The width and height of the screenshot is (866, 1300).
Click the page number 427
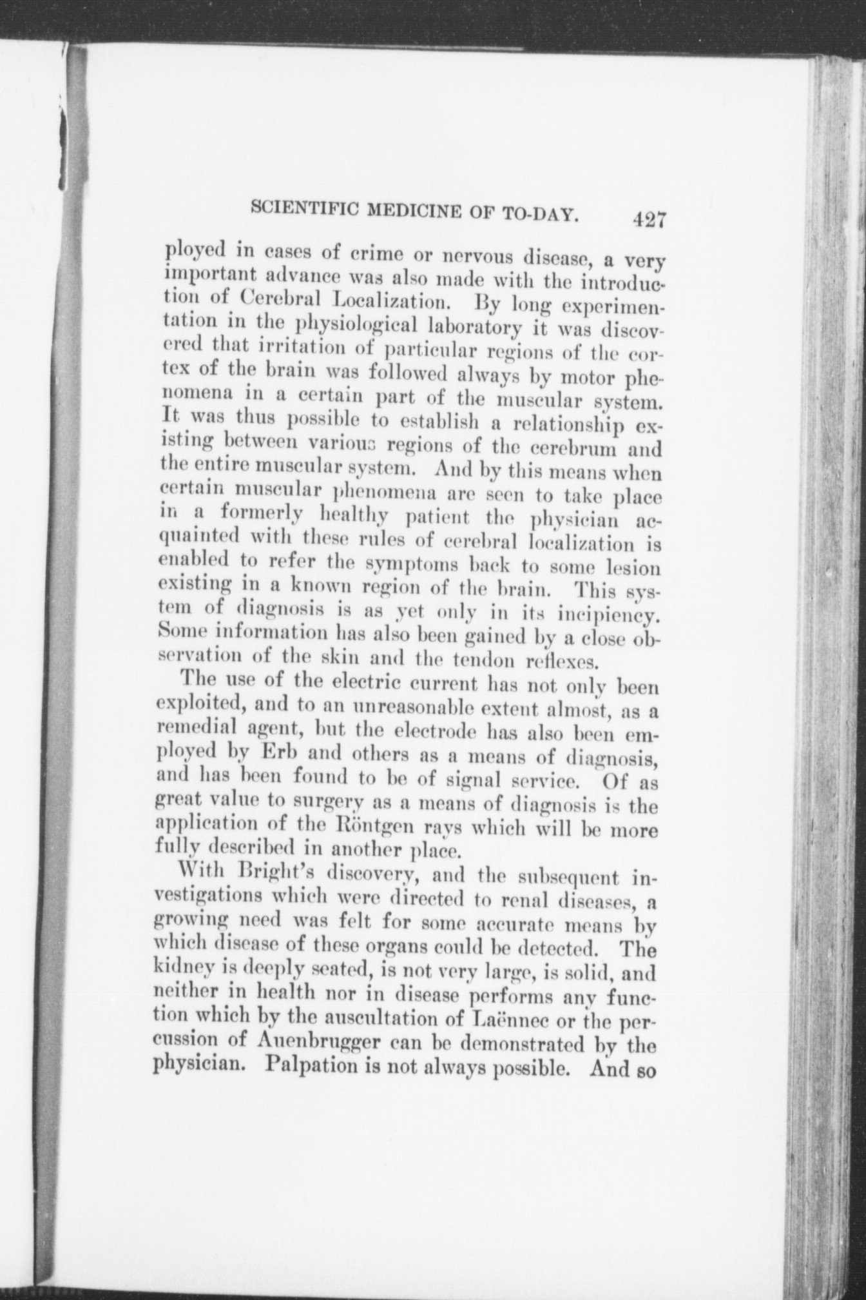tap(648, 219)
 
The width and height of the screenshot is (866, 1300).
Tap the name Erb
tap(284, 753)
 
